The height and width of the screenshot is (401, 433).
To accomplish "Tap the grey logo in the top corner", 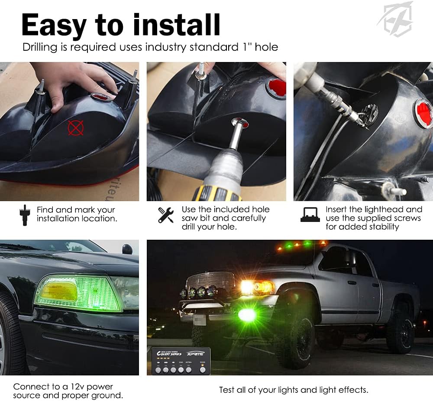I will [x=395, y=20].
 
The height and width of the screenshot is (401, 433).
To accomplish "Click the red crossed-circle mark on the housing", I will [x=75, y=127].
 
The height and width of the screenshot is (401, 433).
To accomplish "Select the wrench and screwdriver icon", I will [x=165, y=215].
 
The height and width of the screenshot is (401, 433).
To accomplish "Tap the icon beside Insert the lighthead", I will [x=310, y=215].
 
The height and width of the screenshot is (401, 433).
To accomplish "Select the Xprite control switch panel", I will [x=181, y=361].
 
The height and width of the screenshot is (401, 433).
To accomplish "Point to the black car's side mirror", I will [x=127, y=249].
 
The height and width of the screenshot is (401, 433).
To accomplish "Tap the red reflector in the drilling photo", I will [x=276, y=88].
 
